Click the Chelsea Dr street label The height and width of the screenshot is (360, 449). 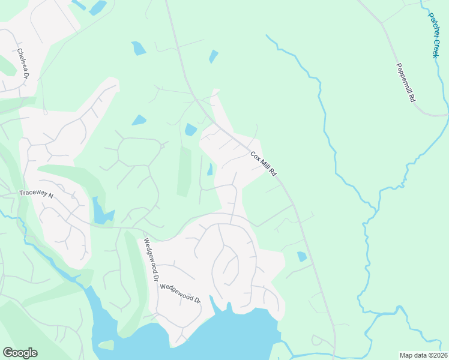(x=24, y=62)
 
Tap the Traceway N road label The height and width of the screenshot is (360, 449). (x=36, y=195)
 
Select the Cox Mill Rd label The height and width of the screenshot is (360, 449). (x=264, y=163)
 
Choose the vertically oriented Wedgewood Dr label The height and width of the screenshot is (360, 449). (x=150, y=261)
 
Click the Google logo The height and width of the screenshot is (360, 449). (x=20, y=353)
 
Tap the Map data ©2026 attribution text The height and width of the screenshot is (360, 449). (x=423, y=355)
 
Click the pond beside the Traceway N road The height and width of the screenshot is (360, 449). (x=100, y=211)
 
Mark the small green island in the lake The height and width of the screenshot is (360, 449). (x=106, y=345)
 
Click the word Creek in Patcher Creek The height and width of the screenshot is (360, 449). (x=434, y=46)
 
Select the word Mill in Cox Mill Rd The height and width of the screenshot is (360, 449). (x=265, y=164)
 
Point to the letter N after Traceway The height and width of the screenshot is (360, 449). (x=51, y=195)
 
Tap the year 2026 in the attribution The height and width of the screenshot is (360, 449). (x=439, y=355)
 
